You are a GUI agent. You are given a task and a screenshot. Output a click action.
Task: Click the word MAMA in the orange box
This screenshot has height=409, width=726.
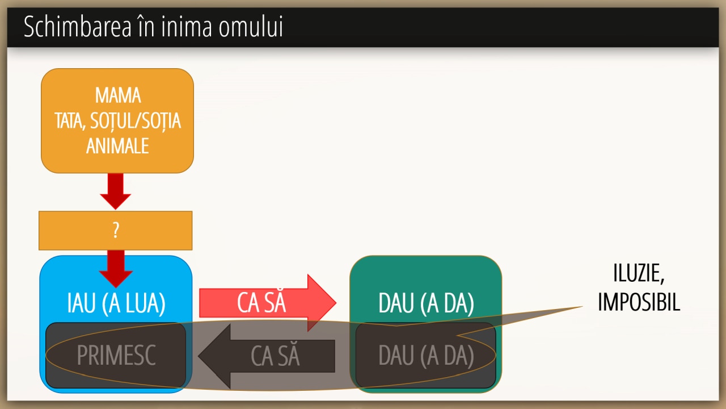pos(118,95)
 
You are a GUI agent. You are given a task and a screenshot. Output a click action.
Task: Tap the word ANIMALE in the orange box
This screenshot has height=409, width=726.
pos(117,146)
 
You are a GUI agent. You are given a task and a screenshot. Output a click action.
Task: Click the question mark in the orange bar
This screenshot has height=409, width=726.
pos(116,231)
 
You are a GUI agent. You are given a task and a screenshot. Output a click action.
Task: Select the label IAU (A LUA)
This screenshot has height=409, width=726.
pos(116,304)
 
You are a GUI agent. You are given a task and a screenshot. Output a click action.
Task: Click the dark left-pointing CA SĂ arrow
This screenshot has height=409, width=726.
pos(267,356)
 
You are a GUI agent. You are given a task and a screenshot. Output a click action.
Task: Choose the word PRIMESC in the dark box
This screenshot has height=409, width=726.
pos(116,356)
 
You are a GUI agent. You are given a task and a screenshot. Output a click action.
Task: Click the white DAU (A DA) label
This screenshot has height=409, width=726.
pos(426,304)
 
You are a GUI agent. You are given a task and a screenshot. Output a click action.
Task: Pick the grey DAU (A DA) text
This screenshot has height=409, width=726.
pos(426,356)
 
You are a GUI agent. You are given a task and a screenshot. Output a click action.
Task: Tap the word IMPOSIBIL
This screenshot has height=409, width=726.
pos(639,302)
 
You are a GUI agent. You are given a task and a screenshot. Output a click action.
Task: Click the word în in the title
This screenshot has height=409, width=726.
pos(145,27)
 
